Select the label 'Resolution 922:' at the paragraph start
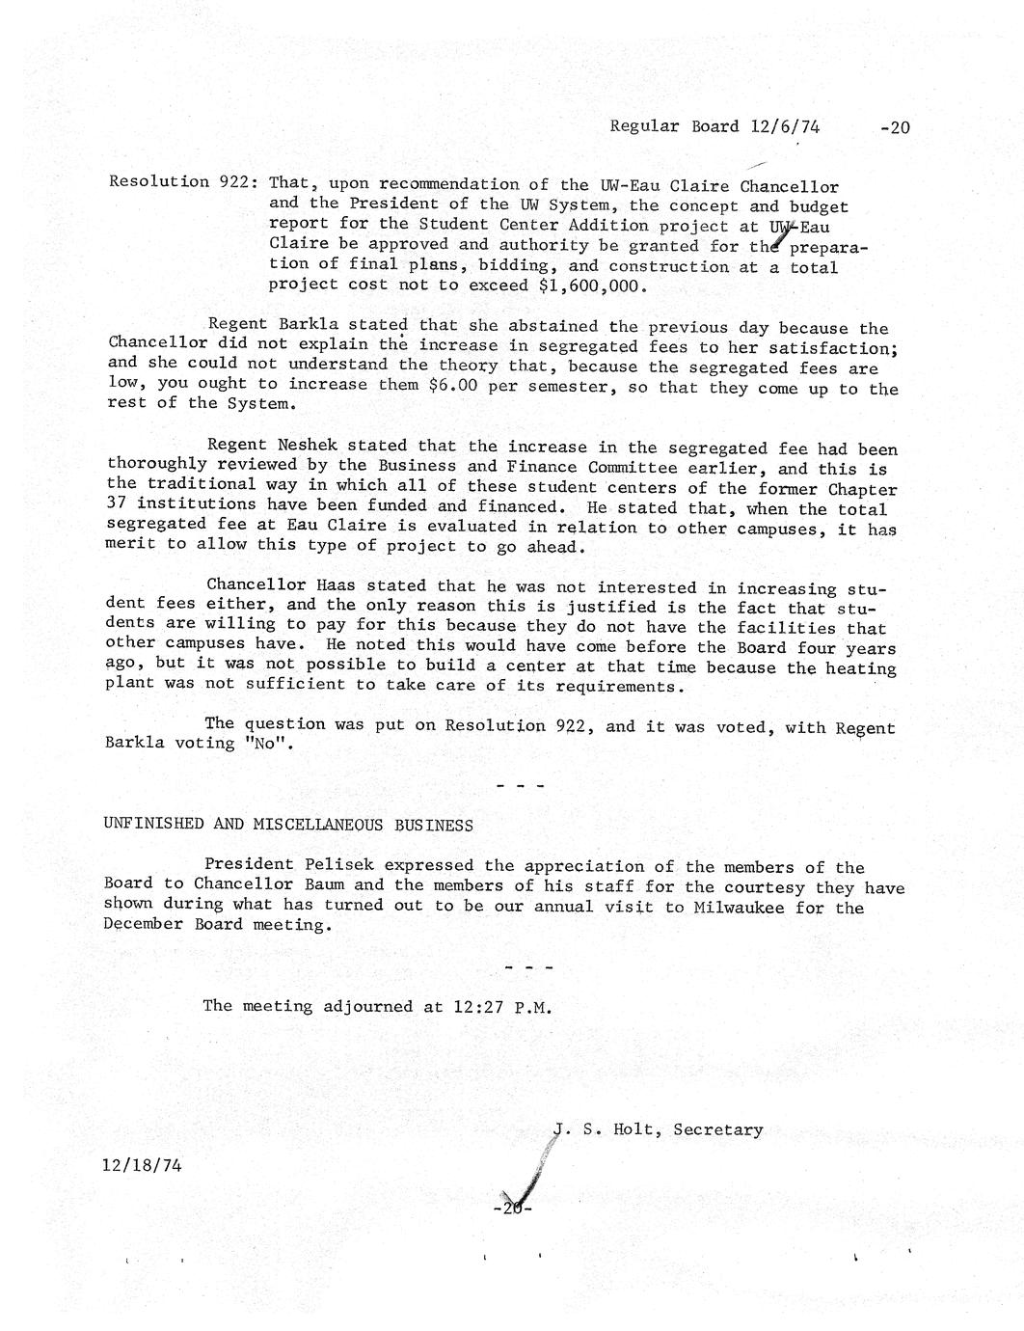pos(181,181)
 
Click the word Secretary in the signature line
pos(718,1129)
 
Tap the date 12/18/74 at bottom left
pos(142,1164)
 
